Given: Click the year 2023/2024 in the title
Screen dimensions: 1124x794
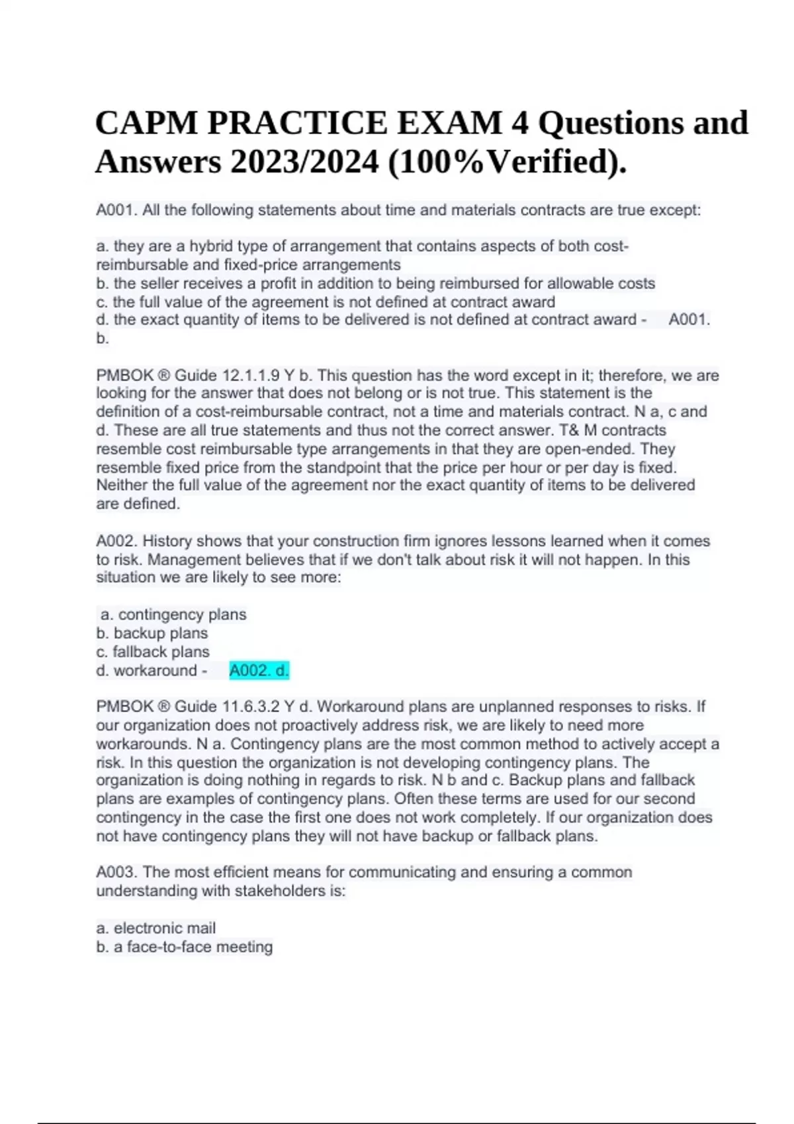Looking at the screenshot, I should pos(304,162).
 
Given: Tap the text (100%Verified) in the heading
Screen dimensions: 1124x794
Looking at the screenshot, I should pos(507,162).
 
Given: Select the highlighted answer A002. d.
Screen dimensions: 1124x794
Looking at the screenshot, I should pos(259,670).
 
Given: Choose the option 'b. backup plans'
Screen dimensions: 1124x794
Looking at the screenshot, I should pos(152,633).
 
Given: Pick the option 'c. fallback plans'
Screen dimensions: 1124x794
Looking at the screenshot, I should pos(153,651).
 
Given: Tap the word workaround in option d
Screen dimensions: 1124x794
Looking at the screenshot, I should pos(155,670).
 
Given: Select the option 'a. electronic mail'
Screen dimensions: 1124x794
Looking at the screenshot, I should pos(156,928).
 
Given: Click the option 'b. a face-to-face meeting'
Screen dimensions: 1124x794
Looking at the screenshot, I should pos(185,947).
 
